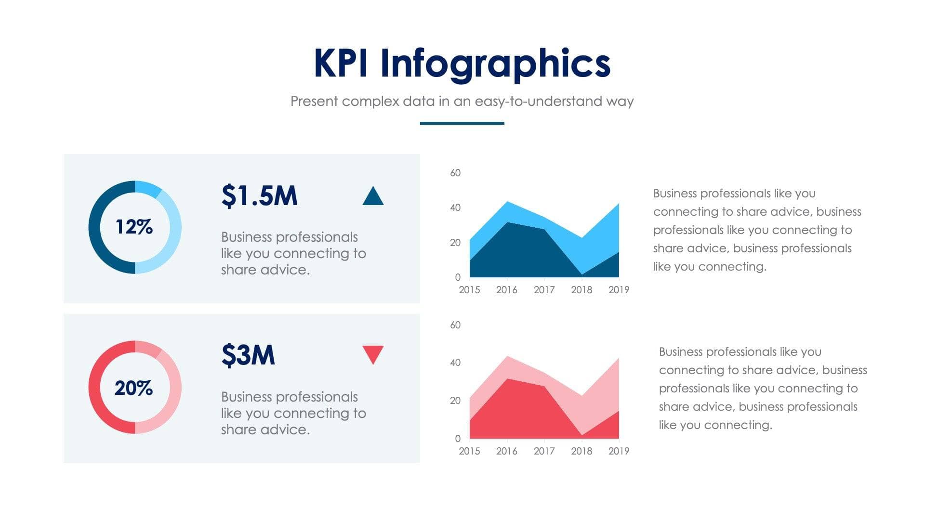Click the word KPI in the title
click(341, 63)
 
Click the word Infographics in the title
click(495, 64)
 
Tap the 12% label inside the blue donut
click(134, 227)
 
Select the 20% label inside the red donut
click(133, 388)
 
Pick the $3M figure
click(248, 355)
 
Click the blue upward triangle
click(373, 196)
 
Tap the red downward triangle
click(373, 354)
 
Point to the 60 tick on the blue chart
click(455, 173)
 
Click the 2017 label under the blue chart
click(544, 290)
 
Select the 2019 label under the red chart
click(619, 451)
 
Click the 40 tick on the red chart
click(455, 363)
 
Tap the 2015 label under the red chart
click(469, 451)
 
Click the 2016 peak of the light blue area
click(507, 202)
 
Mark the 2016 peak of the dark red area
click(507, 380)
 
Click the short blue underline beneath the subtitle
click(462, 123)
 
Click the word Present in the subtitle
click(314, 102)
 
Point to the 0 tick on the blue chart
click(458, 277)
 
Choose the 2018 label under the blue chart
click(581, 290)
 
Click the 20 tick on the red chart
click(455, 401)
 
